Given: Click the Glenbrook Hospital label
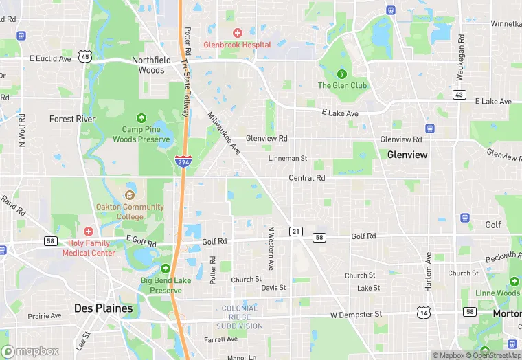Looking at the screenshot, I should pyautogui.click(x=237, y=45).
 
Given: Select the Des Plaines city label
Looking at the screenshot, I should pyautogui.click(x=103, y=308).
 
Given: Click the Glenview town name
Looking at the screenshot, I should pyautogui.click(x=407, y=155).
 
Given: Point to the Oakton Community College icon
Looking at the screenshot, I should pyautogui.click(x=130, y=195).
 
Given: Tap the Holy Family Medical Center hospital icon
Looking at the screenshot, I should pyautogui.click(x=89, y=232).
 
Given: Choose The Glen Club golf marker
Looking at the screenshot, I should pyautogui.click(x=341, y=74).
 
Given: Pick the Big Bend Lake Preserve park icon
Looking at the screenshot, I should pyautogui.click(x=165, y=269).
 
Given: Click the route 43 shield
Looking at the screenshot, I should pyautogui.click(x=459, y=94).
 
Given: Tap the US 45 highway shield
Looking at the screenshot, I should pyautogui.click(x=84, y=57).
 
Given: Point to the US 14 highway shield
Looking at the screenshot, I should pyautogui.click(x=423, y=313).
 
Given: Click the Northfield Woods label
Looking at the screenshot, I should pyautogui.click(x=148, y=65).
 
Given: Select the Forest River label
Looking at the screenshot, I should pyautogui.click(x=71, y=119).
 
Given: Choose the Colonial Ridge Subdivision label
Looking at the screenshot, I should pyautogui.click(x=241, y=317).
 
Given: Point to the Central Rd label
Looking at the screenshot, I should pyautogui.click(x=306, y=178).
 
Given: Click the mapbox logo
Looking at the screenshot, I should pyautogui.click(x=30, y=351).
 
